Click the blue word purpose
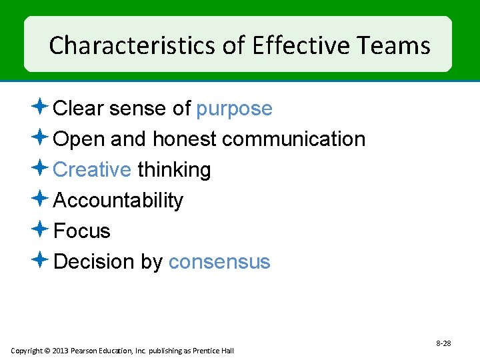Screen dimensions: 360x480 [234, 109]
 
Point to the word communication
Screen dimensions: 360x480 [293, 139]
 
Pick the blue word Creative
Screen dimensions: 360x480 [91, 170]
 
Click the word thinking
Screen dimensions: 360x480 [174, 170]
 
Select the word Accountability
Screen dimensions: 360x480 [118, 201]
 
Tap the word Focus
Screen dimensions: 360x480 [81, 231]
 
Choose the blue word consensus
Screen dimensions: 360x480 [219, 262]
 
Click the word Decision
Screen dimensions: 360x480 [94, 262]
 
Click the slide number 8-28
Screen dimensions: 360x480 [443, 343]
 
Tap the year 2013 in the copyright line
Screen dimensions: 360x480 [60, 351]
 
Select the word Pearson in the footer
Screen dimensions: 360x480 [85, 351]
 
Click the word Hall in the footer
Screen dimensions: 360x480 [227, 351]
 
